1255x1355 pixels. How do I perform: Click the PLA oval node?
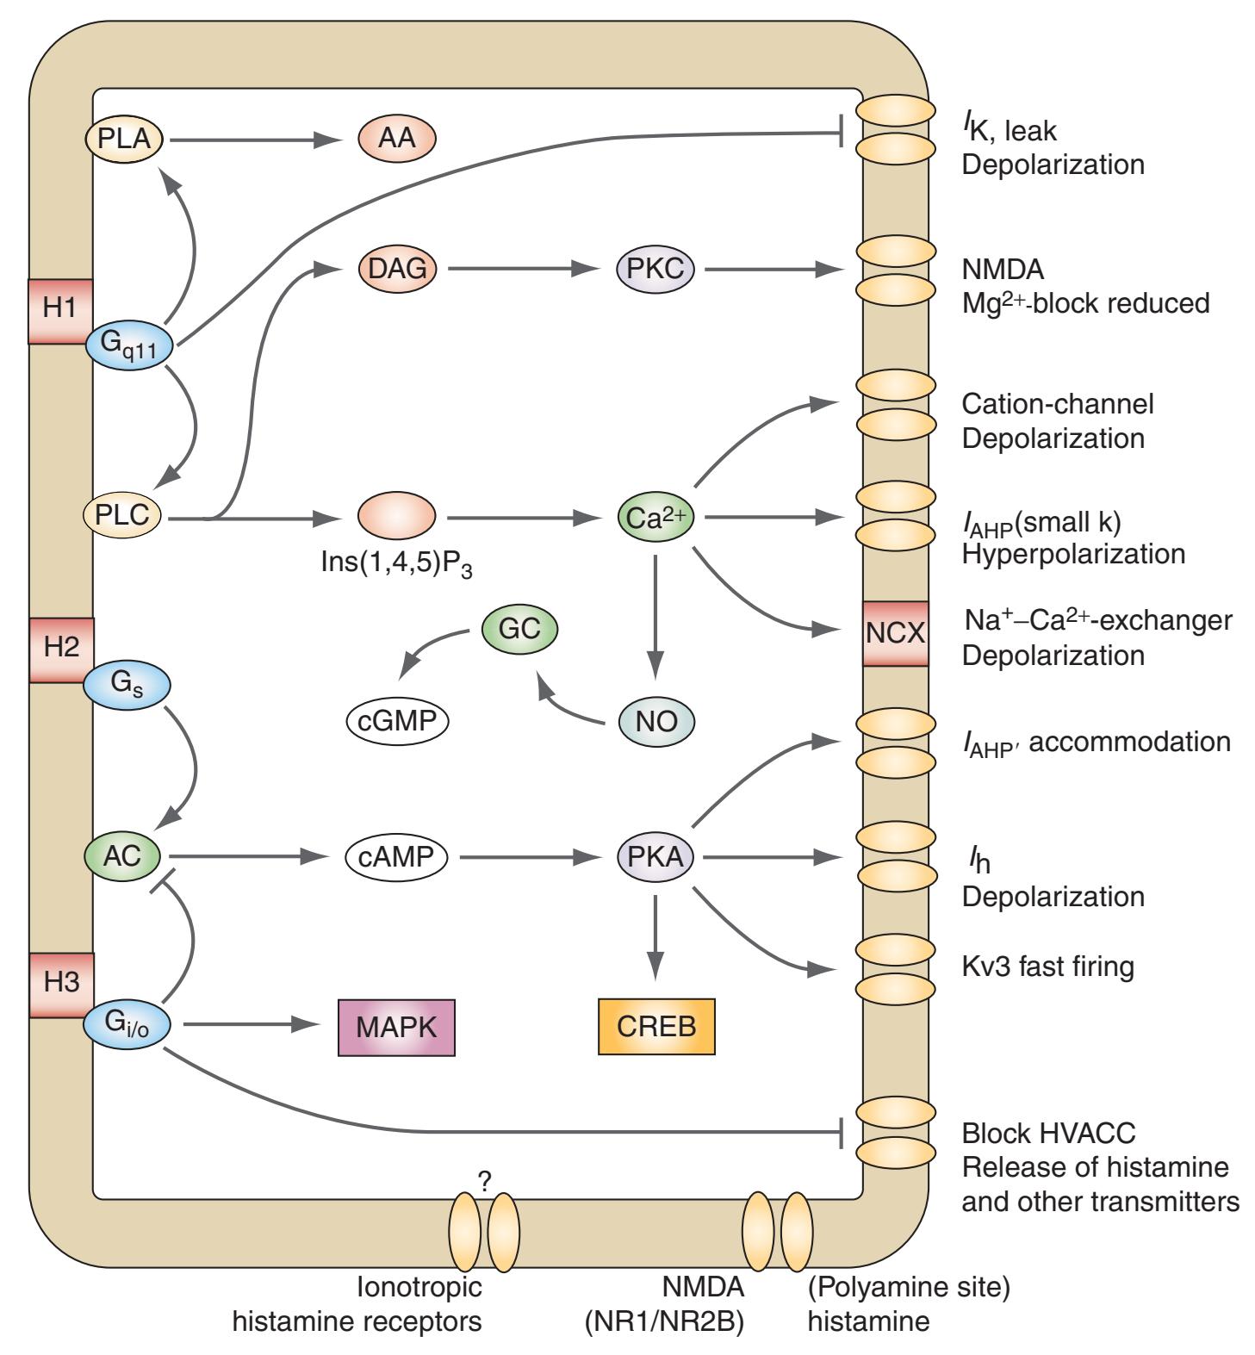tap(124, 138)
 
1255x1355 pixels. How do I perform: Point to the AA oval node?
tap(396, 138)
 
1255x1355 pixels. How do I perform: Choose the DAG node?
tap(397, 269)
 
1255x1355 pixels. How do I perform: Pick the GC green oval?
tap(519, 629)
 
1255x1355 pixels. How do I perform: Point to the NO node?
tap(655, 722)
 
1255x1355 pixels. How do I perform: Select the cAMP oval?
tap(397, 857)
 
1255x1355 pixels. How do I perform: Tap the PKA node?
tap(655, 857)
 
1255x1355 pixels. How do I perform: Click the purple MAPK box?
tap(396, 1027)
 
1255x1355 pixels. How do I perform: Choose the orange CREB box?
tap(656, 1027)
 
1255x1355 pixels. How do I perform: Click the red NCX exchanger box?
tap(896, 634)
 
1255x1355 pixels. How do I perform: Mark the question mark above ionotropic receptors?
tap(483, 1182)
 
